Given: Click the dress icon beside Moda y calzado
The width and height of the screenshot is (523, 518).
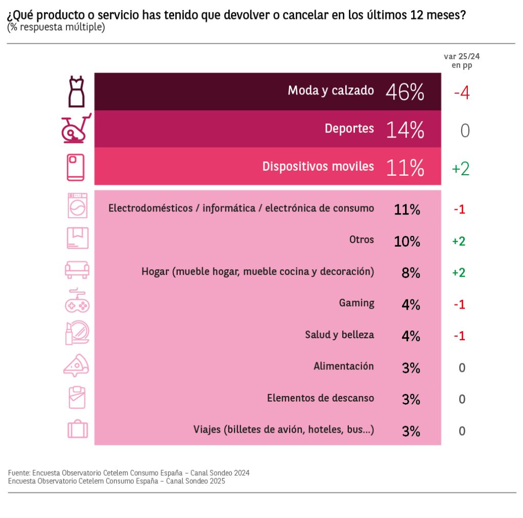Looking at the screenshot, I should click(x=76, y=91).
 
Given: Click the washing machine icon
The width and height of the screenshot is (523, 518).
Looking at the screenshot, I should click(x=77, y=206).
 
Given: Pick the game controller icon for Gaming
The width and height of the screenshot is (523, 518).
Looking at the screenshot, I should click(x=77, y=301).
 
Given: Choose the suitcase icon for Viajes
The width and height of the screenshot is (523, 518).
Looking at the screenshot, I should click(x=78, y=429).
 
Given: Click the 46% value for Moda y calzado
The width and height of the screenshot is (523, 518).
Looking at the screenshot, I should click(x=405, y=92).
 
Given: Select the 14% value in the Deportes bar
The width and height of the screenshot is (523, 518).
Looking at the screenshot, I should click(x=405, y=130).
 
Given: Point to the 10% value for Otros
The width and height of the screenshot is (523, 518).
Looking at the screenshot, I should click(x=407, y=241).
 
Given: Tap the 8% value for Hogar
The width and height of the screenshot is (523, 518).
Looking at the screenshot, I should click(x=411, y=273).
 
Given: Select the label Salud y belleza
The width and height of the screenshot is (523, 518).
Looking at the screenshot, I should click(x=340, y=335).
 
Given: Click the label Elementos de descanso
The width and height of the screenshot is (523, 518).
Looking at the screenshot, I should click(x=320, y=398).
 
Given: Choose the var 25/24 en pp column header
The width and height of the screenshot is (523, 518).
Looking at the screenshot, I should click(x=462, y=61).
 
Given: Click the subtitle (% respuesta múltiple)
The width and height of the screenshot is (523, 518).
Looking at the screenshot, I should click(x=56, y=27).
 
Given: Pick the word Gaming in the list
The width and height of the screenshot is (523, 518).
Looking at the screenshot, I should click(x=356, y=303).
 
